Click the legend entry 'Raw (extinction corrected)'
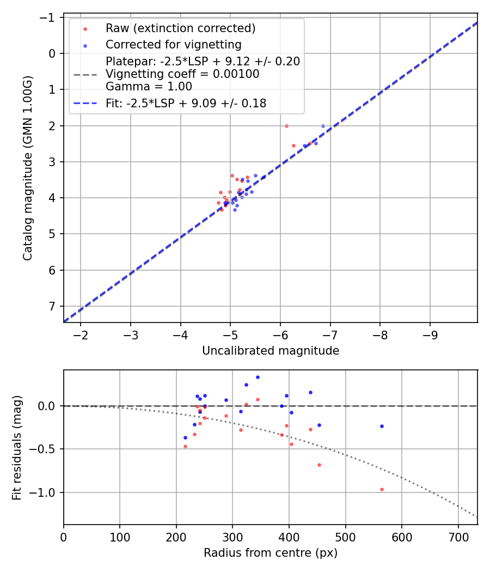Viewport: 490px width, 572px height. [180, 28]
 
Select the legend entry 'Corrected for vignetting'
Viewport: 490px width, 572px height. [173, 45]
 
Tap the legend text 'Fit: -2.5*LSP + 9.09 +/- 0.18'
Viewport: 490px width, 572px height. [186, 103]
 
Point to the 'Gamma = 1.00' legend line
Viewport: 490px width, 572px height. [149, 86]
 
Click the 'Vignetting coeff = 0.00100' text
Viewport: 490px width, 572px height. [182, 74]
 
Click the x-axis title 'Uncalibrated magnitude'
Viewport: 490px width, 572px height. [271, 351]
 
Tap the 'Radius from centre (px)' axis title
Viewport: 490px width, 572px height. [271, 553]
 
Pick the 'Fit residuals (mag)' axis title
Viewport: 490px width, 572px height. [17, 447]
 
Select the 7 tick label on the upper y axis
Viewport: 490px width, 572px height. [52, 306]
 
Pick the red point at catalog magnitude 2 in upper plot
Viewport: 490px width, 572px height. [286, 126]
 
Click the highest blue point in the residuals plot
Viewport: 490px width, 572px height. [258, 377]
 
